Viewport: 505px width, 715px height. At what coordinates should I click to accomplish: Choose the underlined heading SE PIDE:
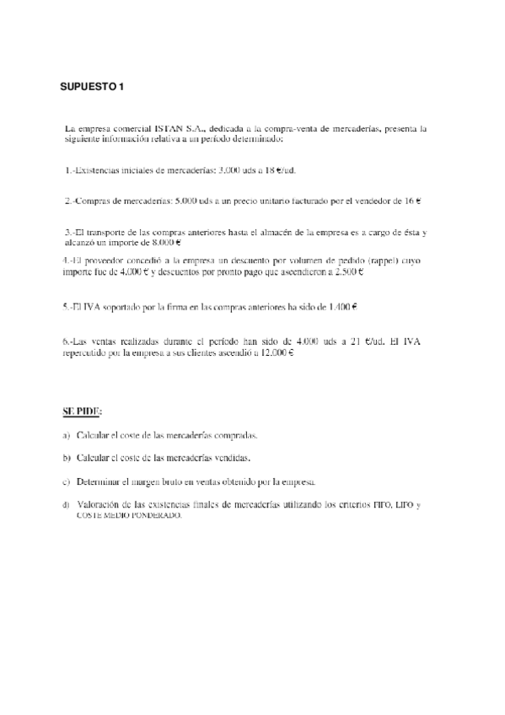point(82,412)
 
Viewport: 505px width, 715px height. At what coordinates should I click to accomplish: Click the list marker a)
point(67,436)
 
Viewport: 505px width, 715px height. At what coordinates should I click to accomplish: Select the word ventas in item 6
point(106,341)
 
